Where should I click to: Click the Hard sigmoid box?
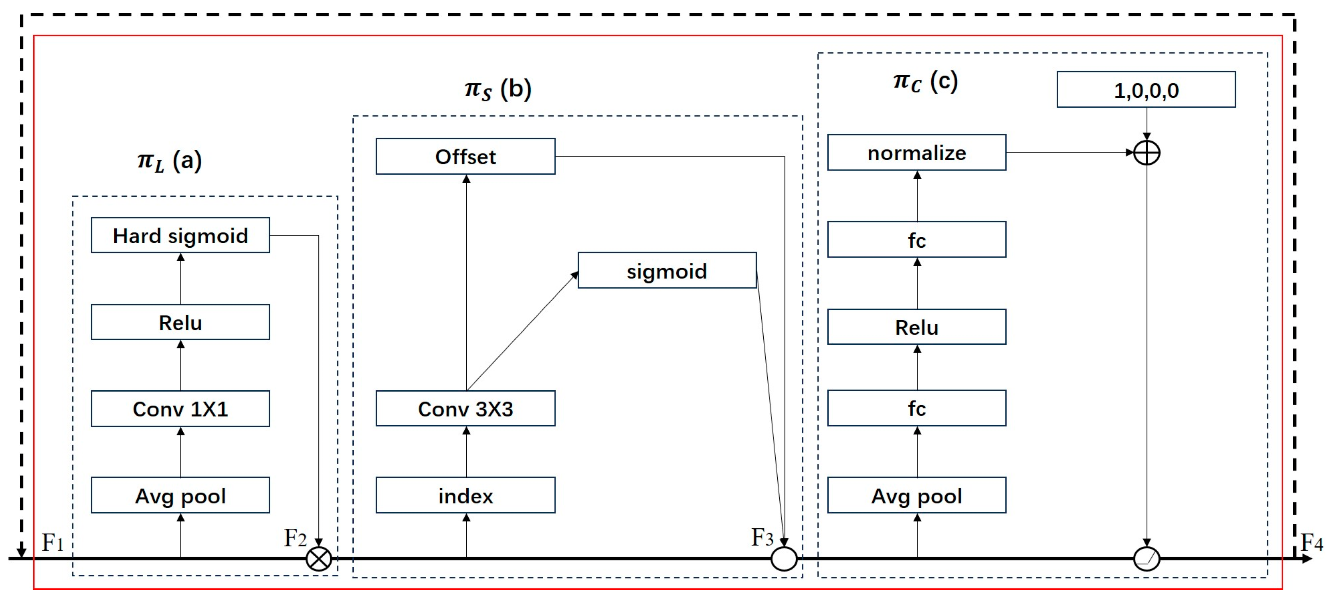pos(180,235)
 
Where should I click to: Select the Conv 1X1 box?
pos(180,409)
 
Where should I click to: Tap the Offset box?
pos(465,157)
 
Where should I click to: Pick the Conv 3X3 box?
pos(465,409)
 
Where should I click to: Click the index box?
pos(465,495)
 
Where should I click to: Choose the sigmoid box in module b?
pos(667,270)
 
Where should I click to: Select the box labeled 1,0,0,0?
pos(1146,90)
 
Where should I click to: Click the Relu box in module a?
pos(180,322)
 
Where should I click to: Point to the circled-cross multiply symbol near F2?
pos(319,559)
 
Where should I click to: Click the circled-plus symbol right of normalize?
pos(1146,153)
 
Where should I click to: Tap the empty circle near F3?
pos(784,559)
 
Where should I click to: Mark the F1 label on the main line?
pos(52,542)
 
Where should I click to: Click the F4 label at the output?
pos(1311,543)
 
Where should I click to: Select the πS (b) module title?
pos(498,89)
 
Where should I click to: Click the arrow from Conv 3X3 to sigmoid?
pos(522,331)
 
